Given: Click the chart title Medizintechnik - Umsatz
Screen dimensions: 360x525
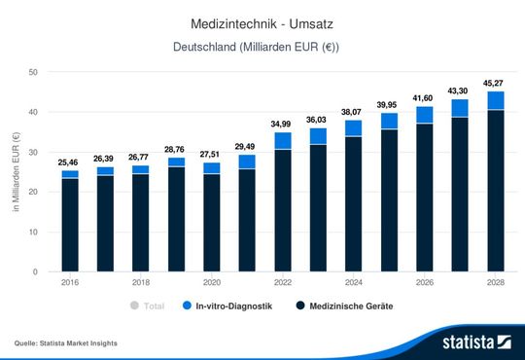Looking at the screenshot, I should pos(262,20).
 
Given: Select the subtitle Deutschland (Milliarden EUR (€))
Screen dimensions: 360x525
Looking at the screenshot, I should pos(262,47).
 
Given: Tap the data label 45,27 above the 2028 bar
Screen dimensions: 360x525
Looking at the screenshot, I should pos(495,82).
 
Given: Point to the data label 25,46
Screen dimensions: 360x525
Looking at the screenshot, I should pos(70,162).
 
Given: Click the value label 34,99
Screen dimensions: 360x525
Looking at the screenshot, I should pos(282,124).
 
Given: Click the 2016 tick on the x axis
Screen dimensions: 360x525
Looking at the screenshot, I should pos(70,283).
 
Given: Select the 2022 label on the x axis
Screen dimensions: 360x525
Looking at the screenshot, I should pos(282,283).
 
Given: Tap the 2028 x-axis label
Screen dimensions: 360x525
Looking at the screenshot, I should pos(495,283).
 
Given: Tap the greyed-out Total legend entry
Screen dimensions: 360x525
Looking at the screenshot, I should pos(149,306).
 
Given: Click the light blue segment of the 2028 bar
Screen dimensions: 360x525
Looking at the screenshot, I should pos(495,100).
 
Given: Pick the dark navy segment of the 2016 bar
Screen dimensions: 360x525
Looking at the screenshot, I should pos(70,224).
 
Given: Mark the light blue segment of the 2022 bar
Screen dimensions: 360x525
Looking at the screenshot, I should pos(282,140).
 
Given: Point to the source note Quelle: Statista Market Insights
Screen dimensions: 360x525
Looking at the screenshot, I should pos(69,343).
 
